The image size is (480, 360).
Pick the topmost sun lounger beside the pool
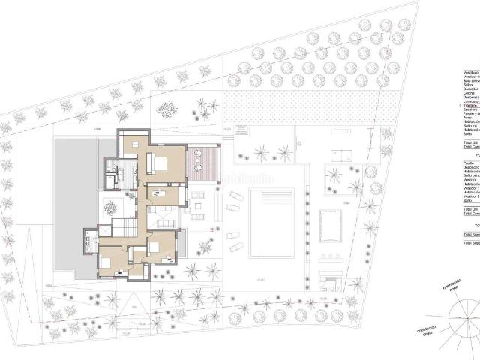point(235,196)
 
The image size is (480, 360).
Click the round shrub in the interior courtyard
point(110,207)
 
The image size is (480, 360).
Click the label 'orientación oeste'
point(420,331)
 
